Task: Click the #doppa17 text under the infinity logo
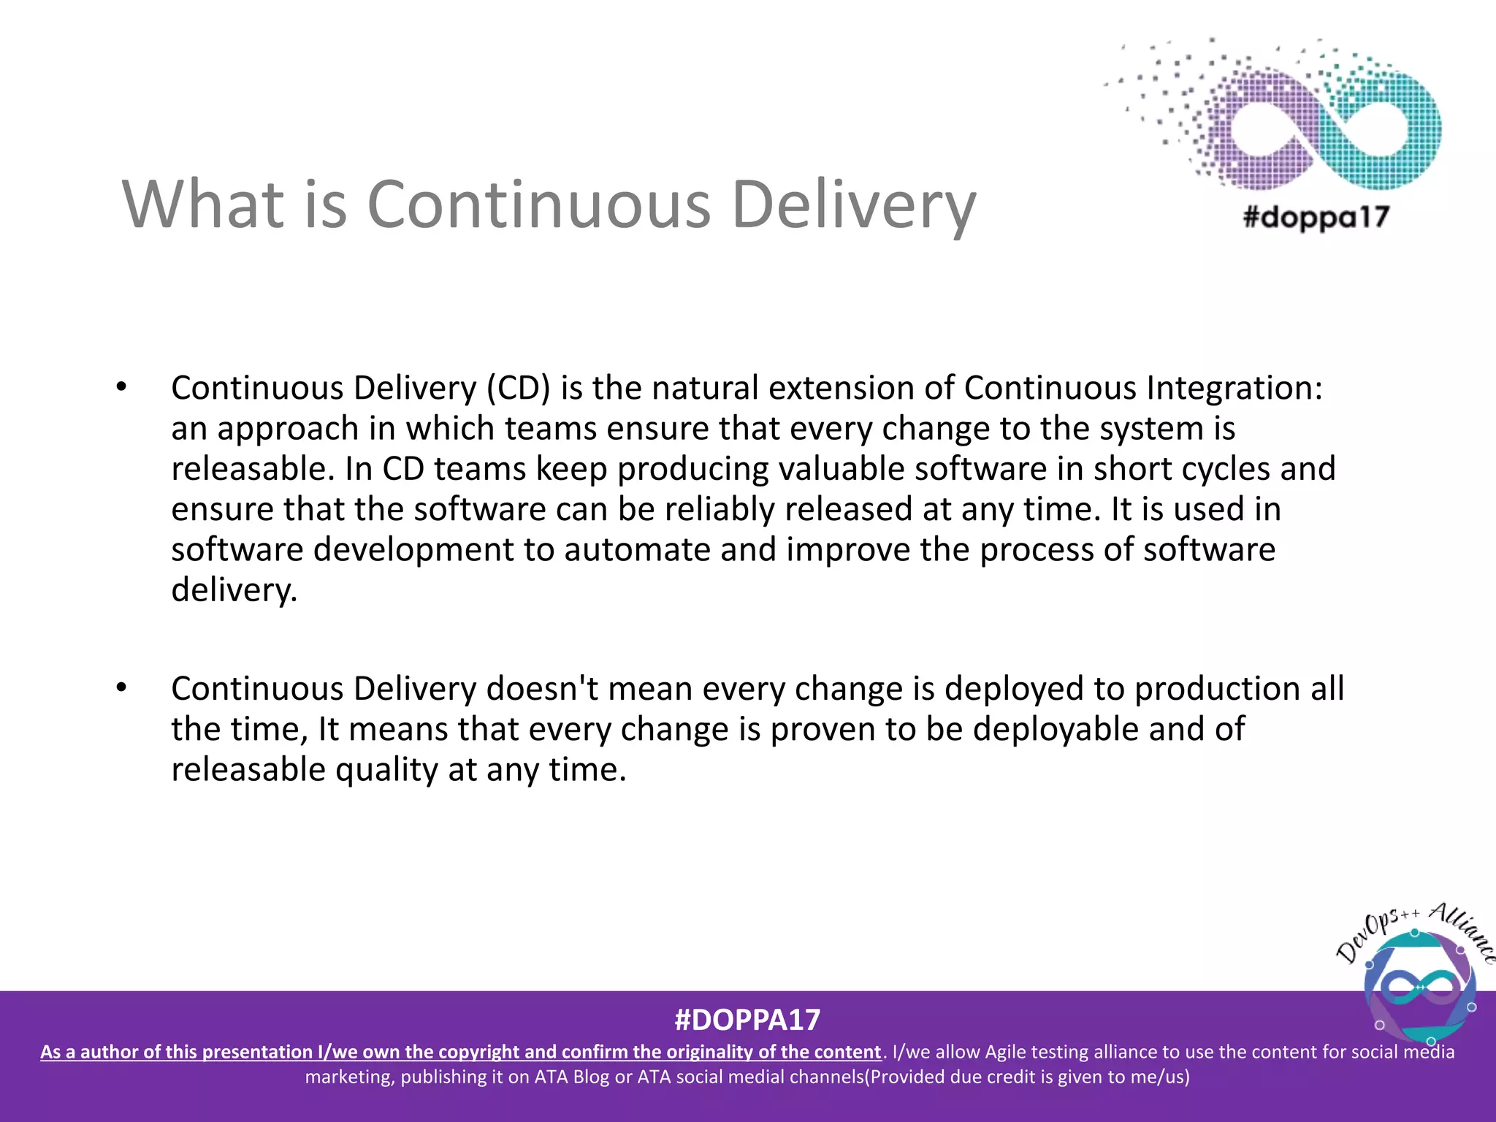(1316, 217)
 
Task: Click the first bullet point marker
(121, 387)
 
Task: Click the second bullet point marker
(121, 687)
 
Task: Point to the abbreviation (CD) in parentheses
(519, 388)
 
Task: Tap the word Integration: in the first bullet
(1234, 388)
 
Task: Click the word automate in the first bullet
(636, 549)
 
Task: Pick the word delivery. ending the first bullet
(234, 590)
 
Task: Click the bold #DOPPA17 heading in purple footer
(747, 1020)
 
